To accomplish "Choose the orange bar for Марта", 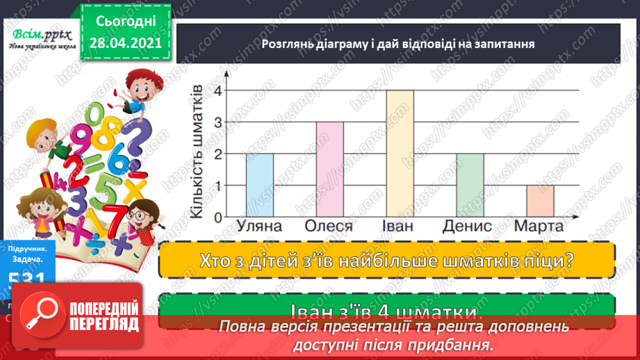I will (539, 201).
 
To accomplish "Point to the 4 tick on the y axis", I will (218, 90).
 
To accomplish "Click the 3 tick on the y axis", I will (218, 122).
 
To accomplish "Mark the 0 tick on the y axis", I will (218, 217).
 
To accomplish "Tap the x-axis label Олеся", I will (329, 227).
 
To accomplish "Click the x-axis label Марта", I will (539, 227).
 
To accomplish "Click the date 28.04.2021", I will (125, 42).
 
